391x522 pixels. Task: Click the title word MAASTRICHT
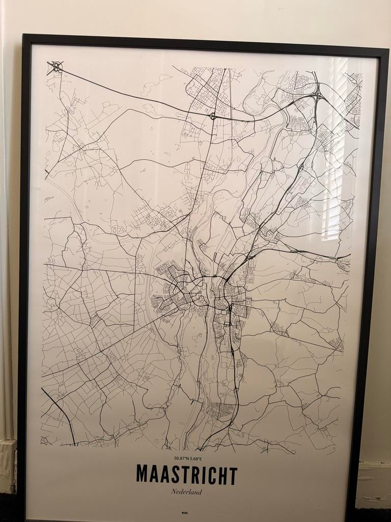tap(186, 475)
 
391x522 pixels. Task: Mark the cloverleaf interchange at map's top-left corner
tap(55, 67)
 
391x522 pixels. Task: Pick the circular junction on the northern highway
tap(212, 116)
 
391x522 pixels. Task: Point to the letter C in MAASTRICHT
tap(211, 475)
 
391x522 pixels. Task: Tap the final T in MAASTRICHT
tap(233, 475)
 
